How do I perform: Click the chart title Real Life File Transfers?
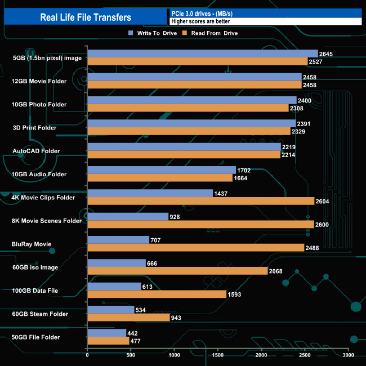[x=86, y=17]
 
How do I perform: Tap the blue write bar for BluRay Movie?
[x=118, y=240]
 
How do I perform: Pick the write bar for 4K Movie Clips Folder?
[x=150, y=193]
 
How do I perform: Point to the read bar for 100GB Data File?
[x=157, y=294]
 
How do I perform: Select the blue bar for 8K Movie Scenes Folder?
[x=128, y=216]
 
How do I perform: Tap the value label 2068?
[x=276, y=271]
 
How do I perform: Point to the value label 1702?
[x=244, y=169]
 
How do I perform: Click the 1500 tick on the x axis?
[x=218, y=355]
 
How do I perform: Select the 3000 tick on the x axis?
[x=348, y=355]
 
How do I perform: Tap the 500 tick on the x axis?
[x=131, y=355]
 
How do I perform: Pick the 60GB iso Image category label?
[x=35, y=267]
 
